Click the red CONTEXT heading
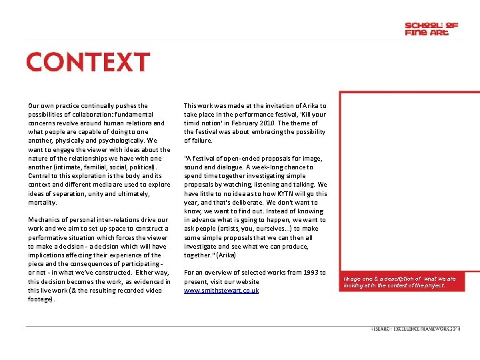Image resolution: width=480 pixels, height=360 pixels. tap(88, 62)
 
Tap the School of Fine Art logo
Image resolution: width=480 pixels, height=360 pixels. tap(431, 29)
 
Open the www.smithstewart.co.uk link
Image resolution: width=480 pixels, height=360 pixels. tap(221, 290)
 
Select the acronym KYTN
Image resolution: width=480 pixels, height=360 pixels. tap(283, 193)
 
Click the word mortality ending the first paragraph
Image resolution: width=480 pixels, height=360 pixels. tap(43, 202)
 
